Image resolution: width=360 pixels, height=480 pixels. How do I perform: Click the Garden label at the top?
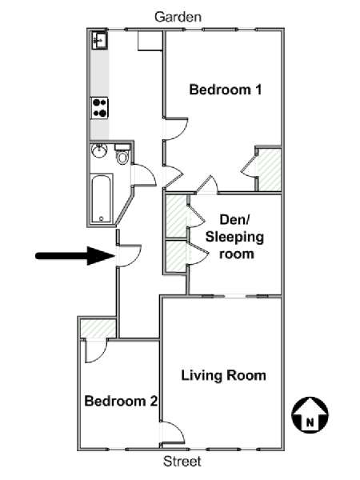point(178,17)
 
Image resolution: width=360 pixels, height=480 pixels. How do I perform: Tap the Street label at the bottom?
point(182,461)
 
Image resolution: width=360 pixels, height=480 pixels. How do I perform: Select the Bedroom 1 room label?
point(226,90)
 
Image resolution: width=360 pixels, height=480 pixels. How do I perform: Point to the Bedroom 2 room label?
point(121,401)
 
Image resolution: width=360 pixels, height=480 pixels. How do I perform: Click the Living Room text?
point(223,375)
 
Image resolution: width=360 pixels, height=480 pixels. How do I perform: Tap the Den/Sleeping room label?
point(234,237)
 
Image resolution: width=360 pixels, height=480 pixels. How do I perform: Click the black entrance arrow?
point(75,255)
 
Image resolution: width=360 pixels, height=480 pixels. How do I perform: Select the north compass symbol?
point(310,414)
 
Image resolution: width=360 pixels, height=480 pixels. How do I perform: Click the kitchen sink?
point(99,40)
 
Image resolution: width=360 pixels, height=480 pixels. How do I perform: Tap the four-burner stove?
point(99,108)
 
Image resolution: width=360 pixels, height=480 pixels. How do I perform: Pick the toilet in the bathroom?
point(122,154)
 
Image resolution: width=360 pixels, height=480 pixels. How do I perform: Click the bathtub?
point(102,198)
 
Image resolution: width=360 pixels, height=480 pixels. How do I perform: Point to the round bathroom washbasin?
point(99,151)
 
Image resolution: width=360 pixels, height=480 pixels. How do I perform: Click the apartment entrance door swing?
point(129,255)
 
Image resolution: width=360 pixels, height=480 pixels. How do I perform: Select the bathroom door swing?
point(144,174)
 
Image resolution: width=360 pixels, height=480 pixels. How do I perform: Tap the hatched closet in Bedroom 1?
point(269,170)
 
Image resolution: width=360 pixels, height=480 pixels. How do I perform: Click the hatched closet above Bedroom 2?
point(98,328)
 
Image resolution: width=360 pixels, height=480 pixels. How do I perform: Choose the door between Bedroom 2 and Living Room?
point(173,432)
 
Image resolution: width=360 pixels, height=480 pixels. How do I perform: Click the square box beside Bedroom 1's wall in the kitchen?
point(150,41)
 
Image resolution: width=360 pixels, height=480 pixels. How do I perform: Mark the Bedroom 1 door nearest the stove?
point(175,129)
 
